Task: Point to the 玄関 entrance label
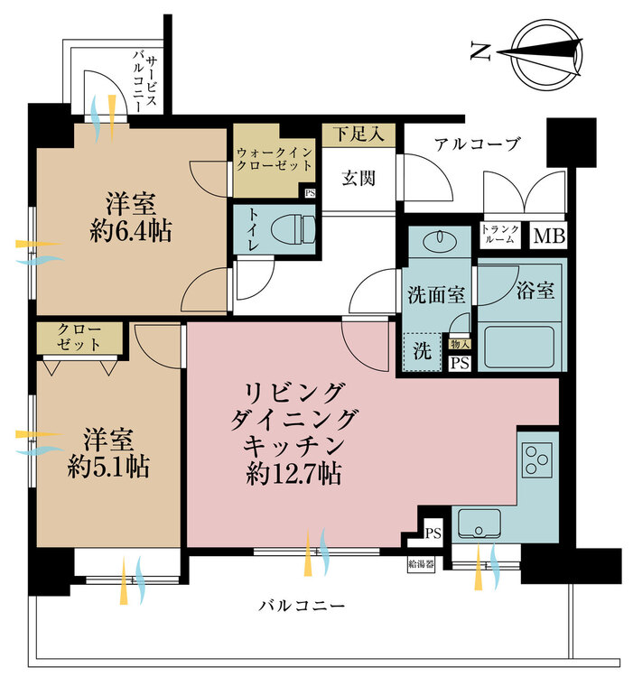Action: [358, 178]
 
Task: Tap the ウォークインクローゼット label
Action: [275, 159]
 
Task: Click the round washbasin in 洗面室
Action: [440, 240]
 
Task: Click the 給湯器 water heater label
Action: [421, 566]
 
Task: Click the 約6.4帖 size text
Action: [132, 231]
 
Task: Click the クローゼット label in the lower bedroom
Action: [80, 337]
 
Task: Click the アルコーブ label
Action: [477, 144]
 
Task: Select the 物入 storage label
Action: [460, 343]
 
